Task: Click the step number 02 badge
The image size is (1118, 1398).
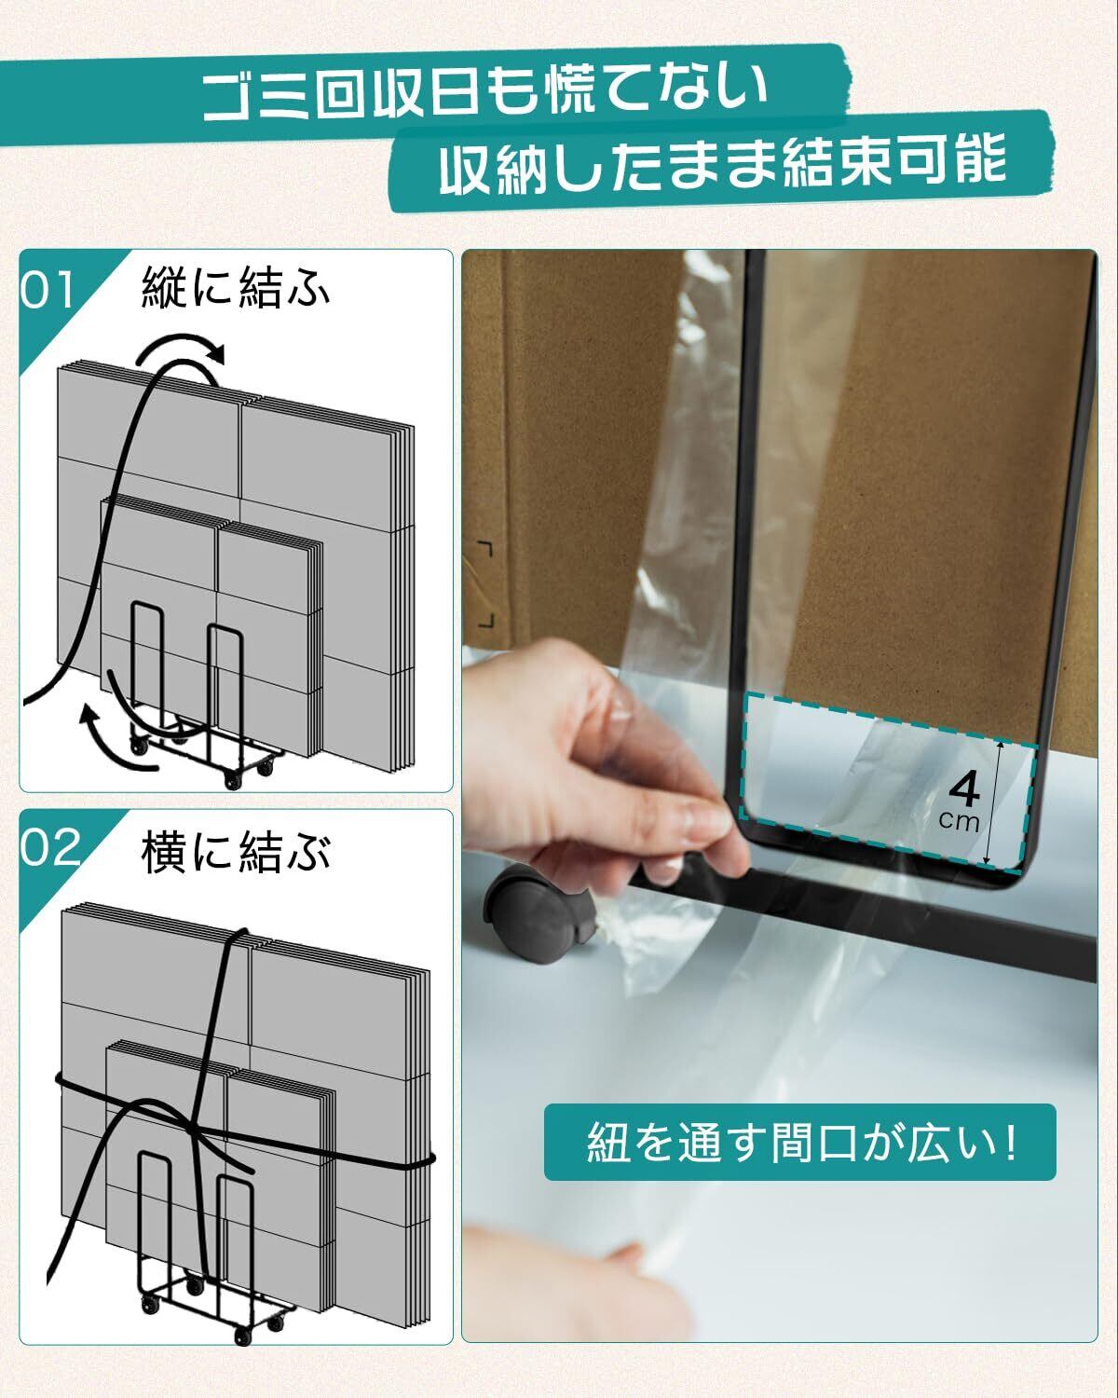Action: click(49, 848)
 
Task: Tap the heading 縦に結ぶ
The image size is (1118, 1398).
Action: click(236, 286)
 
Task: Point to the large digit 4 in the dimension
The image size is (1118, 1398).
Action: click(964, 790)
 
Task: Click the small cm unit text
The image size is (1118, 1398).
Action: click(959, 822)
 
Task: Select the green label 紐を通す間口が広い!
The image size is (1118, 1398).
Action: click(799, 1143)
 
